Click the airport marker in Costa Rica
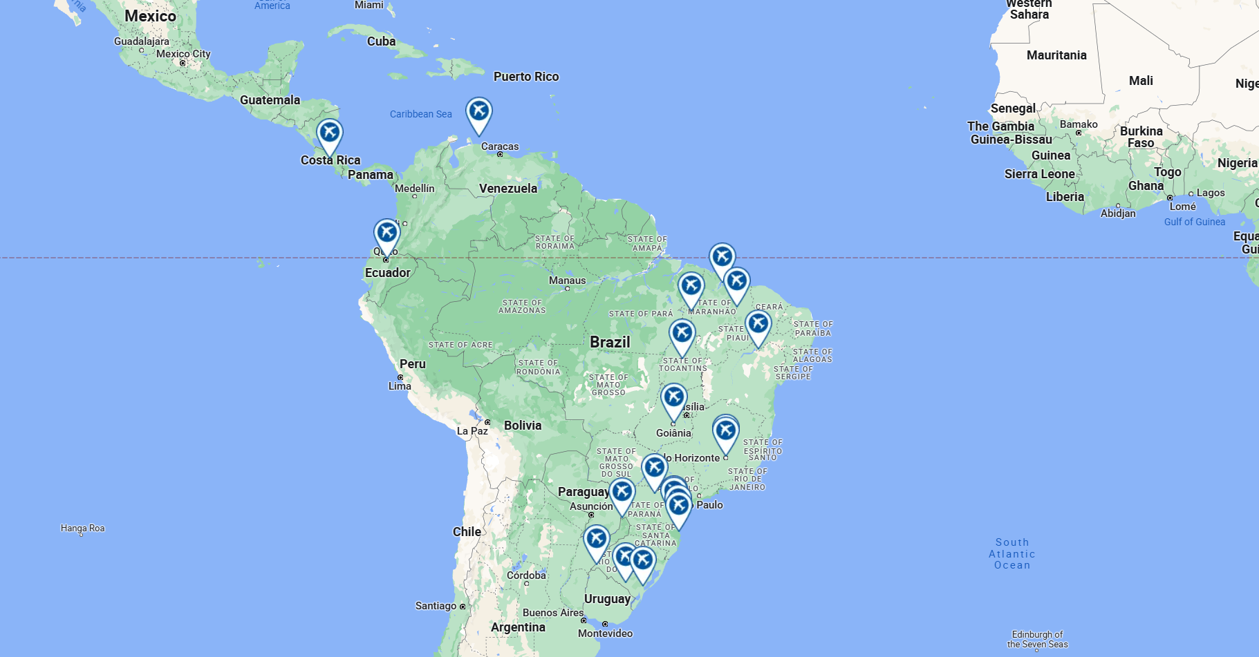330,133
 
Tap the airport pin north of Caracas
478,111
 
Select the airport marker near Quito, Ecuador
386,233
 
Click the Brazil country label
610,342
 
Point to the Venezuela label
507,188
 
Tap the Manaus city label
567,280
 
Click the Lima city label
400,386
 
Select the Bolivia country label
523,426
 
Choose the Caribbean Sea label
420,114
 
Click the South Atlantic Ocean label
1012,553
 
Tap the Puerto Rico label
526,77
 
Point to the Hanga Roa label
82,529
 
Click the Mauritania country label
1056,55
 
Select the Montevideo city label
605,634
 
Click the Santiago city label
436,606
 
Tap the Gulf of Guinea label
1194,222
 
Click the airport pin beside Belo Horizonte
725,430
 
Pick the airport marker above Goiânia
673,398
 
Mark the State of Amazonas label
522,307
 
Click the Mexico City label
183,54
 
